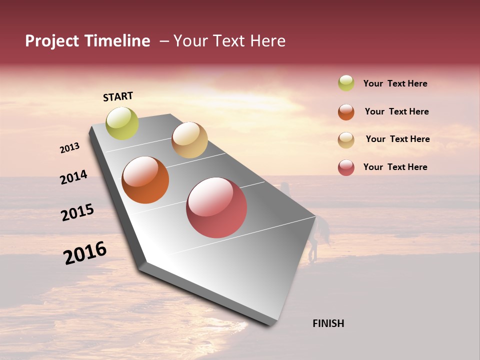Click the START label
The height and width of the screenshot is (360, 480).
(118, 96)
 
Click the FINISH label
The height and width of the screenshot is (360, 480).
(328, 323)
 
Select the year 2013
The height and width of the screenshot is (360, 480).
(70, 148)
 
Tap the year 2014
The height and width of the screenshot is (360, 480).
(73, 177)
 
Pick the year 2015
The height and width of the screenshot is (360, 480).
(77, 212)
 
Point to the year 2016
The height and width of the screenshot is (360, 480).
(85, 252)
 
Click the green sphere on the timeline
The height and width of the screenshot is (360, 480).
(122, 123)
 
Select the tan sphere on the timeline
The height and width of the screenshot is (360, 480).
(189, 140)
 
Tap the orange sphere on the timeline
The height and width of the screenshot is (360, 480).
(145, 180)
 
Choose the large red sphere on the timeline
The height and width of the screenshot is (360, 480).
(216, 207)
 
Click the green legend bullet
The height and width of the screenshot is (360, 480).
(346, 83)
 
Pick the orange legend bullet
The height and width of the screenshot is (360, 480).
(346, 112)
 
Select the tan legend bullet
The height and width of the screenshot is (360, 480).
(346, 140)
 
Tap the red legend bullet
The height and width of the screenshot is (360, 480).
(346, 167)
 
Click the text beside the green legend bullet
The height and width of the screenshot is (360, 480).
(395, 83)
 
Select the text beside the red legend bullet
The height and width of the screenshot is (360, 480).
(395, 167)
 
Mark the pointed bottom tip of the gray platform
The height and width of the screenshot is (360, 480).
(273, 324)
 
